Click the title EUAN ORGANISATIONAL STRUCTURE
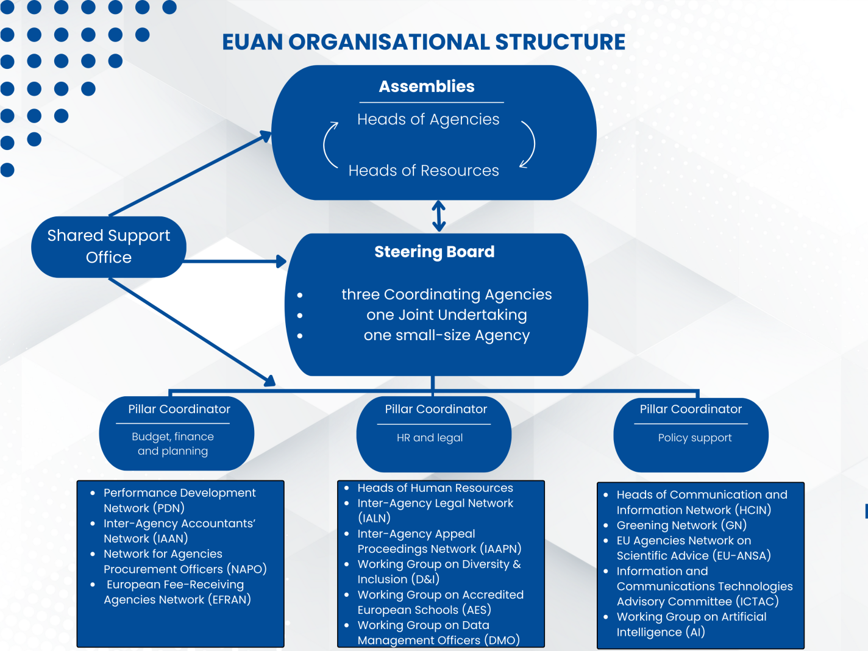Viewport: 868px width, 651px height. tap(424, 42)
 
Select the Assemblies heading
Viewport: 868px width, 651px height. tap(427, 87)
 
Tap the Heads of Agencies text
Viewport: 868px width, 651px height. tap(428, 119)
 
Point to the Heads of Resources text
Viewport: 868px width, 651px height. tap(424, 171)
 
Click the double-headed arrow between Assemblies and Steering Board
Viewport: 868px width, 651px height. tap(439, 216)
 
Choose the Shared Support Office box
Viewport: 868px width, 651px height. tap(108, 247)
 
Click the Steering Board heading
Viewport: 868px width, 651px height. tap(434, 252)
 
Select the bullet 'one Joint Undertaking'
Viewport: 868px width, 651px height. tap(446, 315)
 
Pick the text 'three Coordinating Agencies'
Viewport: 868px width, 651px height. tap(446, 294)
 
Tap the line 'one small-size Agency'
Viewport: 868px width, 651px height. tap(446, 335)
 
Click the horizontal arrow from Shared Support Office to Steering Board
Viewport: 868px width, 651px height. tap(235, 261)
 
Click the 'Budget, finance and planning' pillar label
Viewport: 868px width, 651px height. tap(173, 444)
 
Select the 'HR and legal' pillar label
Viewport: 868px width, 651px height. tap(430, 438)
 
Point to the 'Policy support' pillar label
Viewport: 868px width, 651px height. tap(695, 438)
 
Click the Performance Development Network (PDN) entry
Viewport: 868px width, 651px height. tap(179, 500)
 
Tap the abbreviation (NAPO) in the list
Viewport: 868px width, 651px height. tap(247, 569)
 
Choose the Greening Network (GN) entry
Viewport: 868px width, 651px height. tap(681, 525)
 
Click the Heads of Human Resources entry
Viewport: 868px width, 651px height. tap(435, 488)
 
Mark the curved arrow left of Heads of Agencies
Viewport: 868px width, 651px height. tap(329, 144)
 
